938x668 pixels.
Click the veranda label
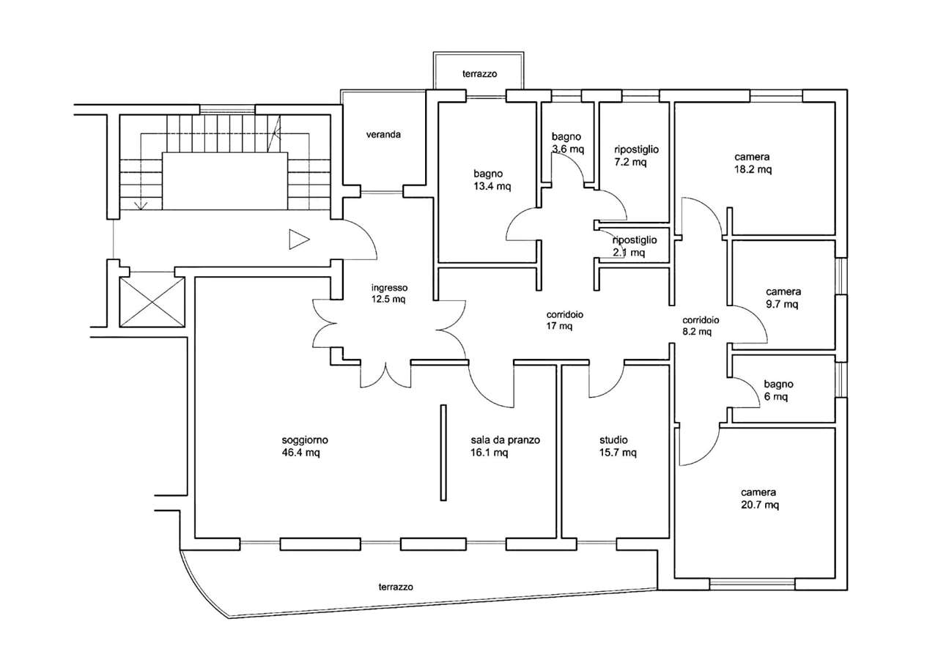(x=384, y=135)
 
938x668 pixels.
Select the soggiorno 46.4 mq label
(x=304, y=446)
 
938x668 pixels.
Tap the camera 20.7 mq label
(x=758, y=499)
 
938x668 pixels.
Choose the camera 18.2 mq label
(x=753, y=163)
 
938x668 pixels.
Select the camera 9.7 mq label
(x=783, y=297)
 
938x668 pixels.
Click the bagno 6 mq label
(x=778, y=390)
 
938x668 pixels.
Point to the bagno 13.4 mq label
(x=492, y=179)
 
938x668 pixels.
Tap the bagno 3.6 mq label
(x=567, y=142)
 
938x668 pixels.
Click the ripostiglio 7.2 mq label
(x=635, y=155)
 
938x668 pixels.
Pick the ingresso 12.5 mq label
(x=389, y=293)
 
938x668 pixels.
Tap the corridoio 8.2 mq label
(x=701, y=325)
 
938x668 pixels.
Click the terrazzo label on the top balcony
(x=480, y=74)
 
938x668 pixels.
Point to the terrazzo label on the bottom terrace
(x=396, y=587)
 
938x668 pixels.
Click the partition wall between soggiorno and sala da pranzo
(x=443, y=453)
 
